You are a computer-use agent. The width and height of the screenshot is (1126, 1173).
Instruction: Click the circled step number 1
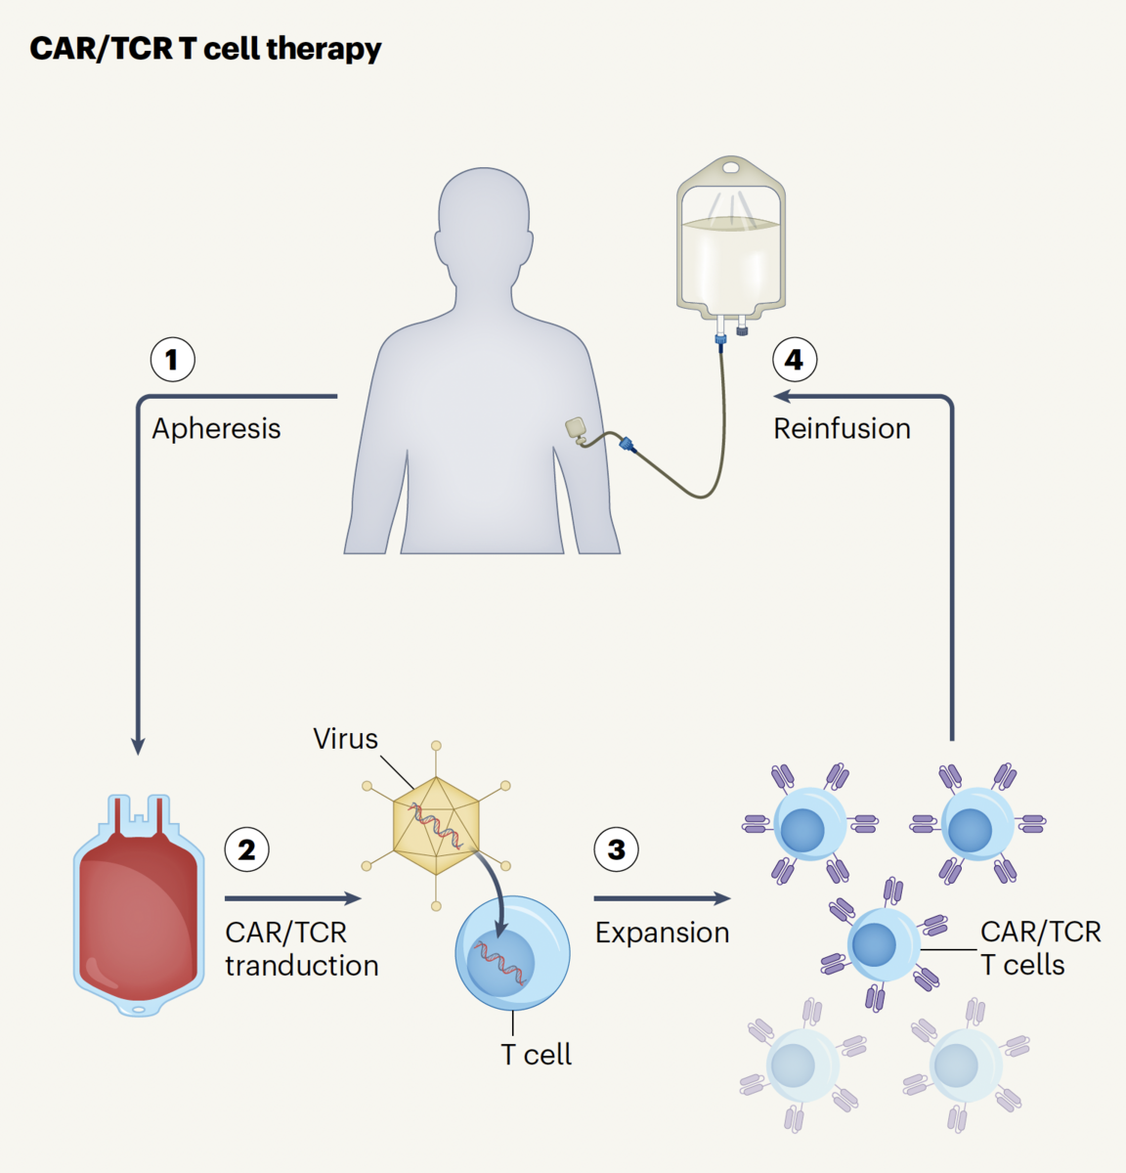coord(172,360)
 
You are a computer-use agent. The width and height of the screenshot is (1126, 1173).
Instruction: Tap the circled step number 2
coord(247,849)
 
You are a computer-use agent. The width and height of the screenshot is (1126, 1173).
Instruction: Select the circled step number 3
coord(617,849)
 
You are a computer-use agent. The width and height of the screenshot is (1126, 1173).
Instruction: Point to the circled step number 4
coord(795,360)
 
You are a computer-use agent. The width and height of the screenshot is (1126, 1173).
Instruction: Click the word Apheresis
coord(216,428)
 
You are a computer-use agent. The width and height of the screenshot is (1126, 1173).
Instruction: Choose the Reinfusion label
coord(842,428)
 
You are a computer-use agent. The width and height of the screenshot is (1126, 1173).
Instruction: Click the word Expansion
coord(662,933)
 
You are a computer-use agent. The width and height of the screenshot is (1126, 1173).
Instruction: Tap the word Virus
coord(345,739)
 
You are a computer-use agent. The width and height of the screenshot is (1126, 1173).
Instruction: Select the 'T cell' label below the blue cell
coord(536,1055)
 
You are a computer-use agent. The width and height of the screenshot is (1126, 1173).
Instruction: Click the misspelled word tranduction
coord(301,966)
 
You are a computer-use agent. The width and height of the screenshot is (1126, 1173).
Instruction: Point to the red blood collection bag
coord(139,909)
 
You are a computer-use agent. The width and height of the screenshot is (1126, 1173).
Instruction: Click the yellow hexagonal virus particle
coord(437,826)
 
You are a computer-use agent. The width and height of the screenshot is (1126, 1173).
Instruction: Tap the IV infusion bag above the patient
coord(731,244)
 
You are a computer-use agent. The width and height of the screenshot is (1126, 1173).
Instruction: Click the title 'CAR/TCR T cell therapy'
coord(205,49)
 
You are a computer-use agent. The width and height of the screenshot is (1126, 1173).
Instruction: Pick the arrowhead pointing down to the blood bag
coord(138,745)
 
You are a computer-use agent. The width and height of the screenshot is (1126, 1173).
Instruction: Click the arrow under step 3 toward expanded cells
coord(662,898)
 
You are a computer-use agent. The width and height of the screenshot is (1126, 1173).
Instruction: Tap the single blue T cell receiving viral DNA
coord(512,954)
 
